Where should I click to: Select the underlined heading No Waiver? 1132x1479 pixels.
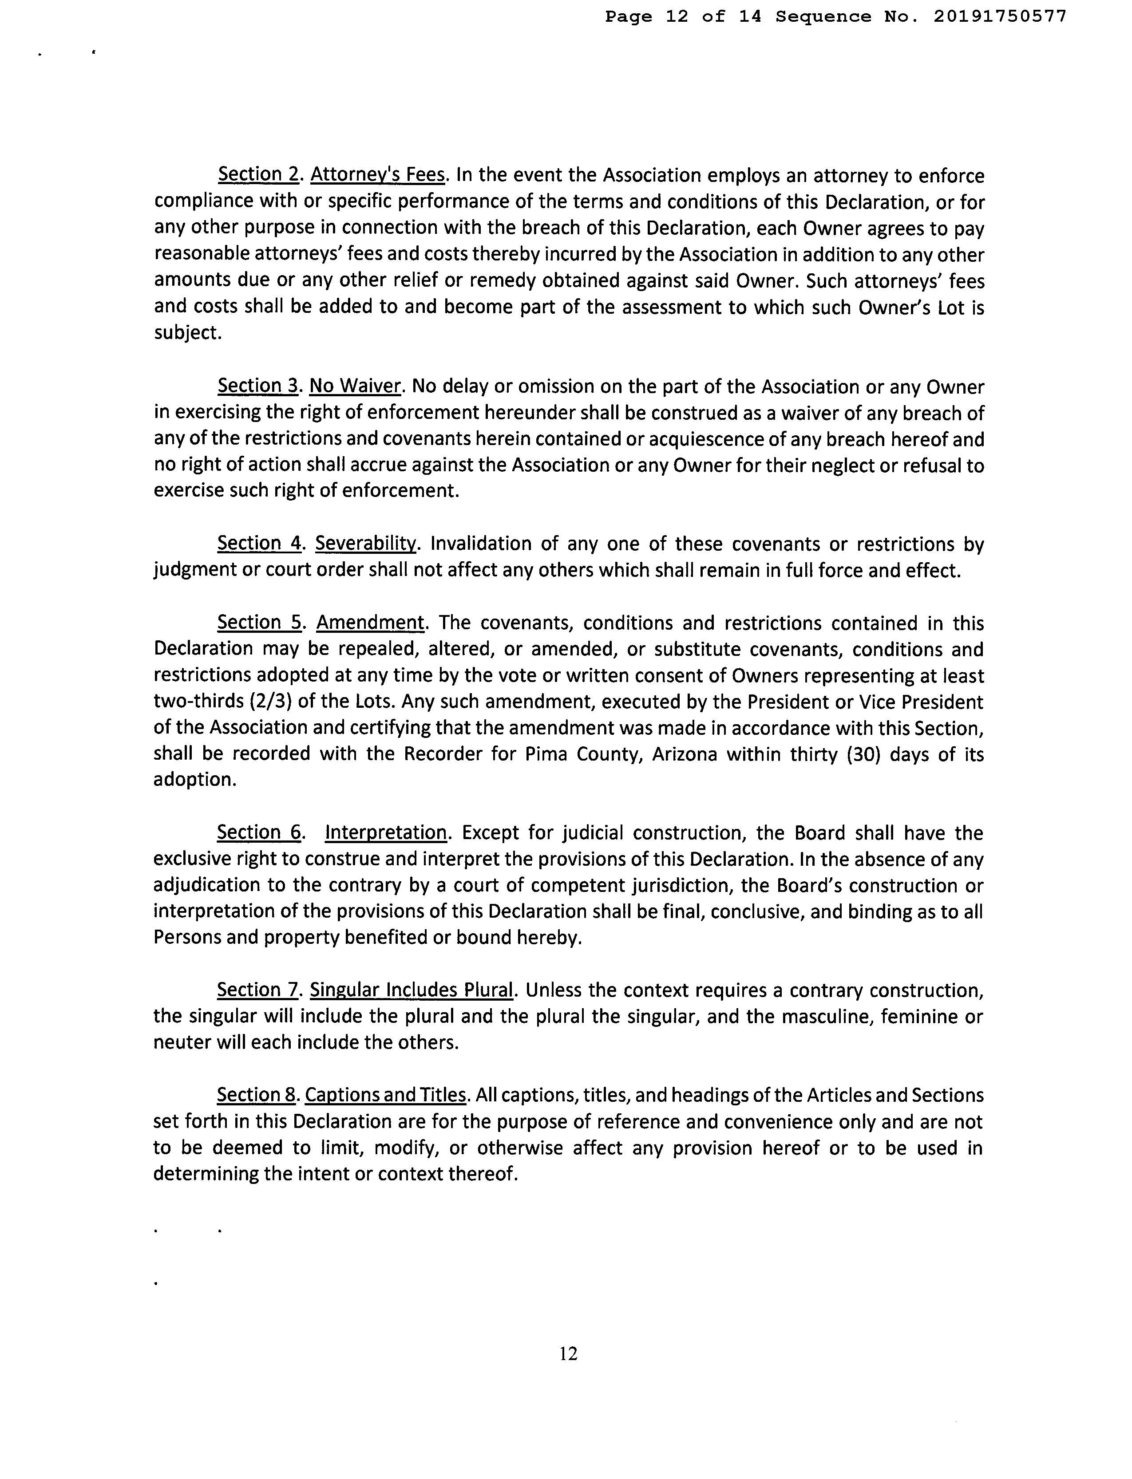(355, 387)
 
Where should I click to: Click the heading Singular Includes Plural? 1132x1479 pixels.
(411, 991)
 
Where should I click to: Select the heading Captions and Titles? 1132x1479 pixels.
(385, 1096)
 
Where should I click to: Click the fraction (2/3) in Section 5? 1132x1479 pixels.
(271, 702)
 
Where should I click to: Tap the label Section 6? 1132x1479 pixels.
(259, 833)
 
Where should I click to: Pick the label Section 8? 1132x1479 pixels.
(257, 1096)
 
